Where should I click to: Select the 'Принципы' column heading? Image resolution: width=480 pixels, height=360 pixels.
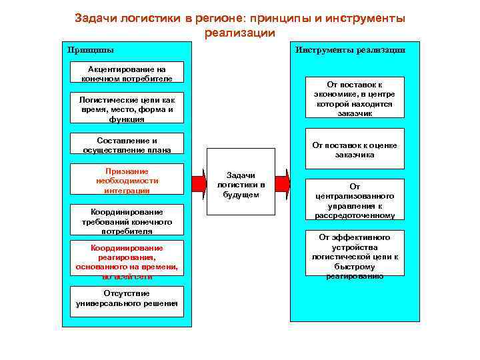tap(91, 49)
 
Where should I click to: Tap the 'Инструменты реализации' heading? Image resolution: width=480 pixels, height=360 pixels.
tap(350, 49)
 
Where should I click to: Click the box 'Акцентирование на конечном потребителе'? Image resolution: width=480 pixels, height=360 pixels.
tap(127, 73)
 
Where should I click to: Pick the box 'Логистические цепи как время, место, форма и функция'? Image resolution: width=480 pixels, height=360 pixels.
tap(127, 109)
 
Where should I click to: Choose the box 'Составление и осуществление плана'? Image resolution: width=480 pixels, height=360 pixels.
tap(127, 145)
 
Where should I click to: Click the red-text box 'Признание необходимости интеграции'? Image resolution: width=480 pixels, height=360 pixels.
tap(127, 181)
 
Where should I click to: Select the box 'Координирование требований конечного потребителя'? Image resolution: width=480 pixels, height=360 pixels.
tap(127, 221)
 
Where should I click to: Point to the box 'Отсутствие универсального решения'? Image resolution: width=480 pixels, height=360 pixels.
tap(127, 299)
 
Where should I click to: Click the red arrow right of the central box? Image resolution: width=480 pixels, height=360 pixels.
tap(283, 182)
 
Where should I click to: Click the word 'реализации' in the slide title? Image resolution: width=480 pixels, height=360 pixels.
tap(239, 32)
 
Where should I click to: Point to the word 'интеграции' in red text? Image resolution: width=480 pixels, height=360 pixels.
tap(127, 191)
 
